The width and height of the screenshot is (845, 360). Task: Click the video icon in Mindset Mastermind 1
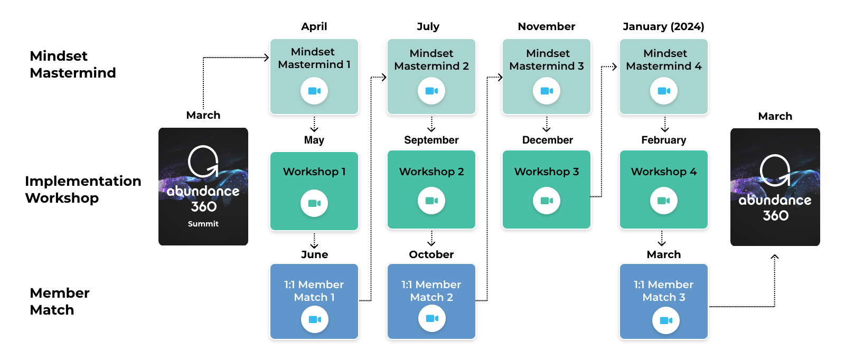314,91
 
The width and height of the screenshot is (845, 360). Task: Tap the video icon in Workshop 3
546,201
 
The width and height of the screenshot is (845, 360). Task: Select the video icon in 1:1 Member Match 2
432,318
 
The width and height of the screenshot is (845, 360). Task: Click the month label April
314,27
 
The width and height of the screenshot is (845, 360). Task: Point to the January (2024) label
663,26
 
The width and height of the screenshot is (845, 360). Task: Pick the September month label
431,140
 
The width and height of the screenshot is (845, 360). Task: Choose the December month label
547,140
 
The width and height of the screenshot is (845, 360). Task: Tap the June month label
314,254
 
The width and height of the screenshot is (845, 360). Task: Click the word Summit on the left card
203,224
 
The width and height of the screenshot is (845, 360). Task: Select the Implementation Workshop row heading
83,189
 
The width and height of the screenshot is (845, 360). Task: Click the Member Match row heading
60,301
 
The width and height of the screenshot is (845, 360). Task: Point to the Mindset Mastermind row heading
73,64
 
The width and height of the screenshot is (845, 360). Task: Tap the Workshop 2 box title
431,172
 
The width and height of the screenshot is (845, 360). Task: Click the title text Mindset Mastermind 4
663,60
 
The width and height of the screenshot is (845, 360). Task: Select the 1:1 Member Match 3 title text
663,291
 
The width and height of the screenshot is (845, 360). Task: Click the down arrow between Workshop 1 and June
314,241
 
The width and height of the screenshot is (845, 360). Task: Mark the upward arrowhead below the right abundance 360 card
774,257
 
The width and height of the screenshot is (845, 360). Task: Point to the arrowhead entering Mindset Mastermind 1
267,58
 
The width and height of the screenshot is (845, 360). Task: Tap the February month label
663,140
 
